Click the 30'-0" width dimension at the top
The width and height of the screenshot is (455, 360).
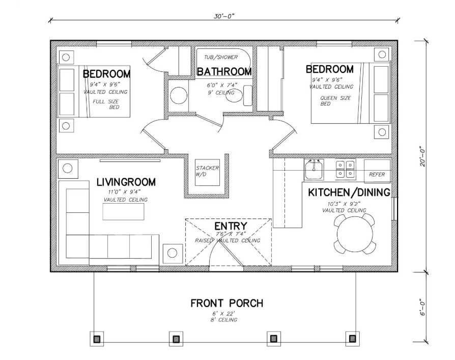click(x=224, y=16)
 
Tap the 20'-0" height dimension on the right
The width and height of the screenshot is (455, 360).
click(x=422, y=155)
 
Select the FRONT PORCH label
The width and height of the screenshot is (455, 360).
click(x=226, y=303)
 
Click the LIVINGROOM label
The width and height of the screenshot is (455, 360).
click(x=126, y=182)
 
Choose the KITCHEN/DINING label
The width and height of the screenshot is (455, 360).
click(x=349, y=192)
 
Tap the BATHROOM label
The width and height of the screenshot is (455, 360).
click(x=224, y=72)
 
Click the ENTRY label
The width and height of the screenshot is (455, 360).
click(x=231, y=226)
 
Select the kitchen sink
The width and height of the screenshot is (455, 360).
click(x=314, y=169)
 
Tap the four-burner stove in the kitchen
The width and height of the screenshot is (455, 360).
click(x=346, y=169)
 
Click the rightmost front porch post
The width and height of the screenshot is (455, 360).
click(x=351, y=338)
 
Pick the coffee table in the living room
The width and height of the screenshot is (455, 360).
click(x=123, y=212)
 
